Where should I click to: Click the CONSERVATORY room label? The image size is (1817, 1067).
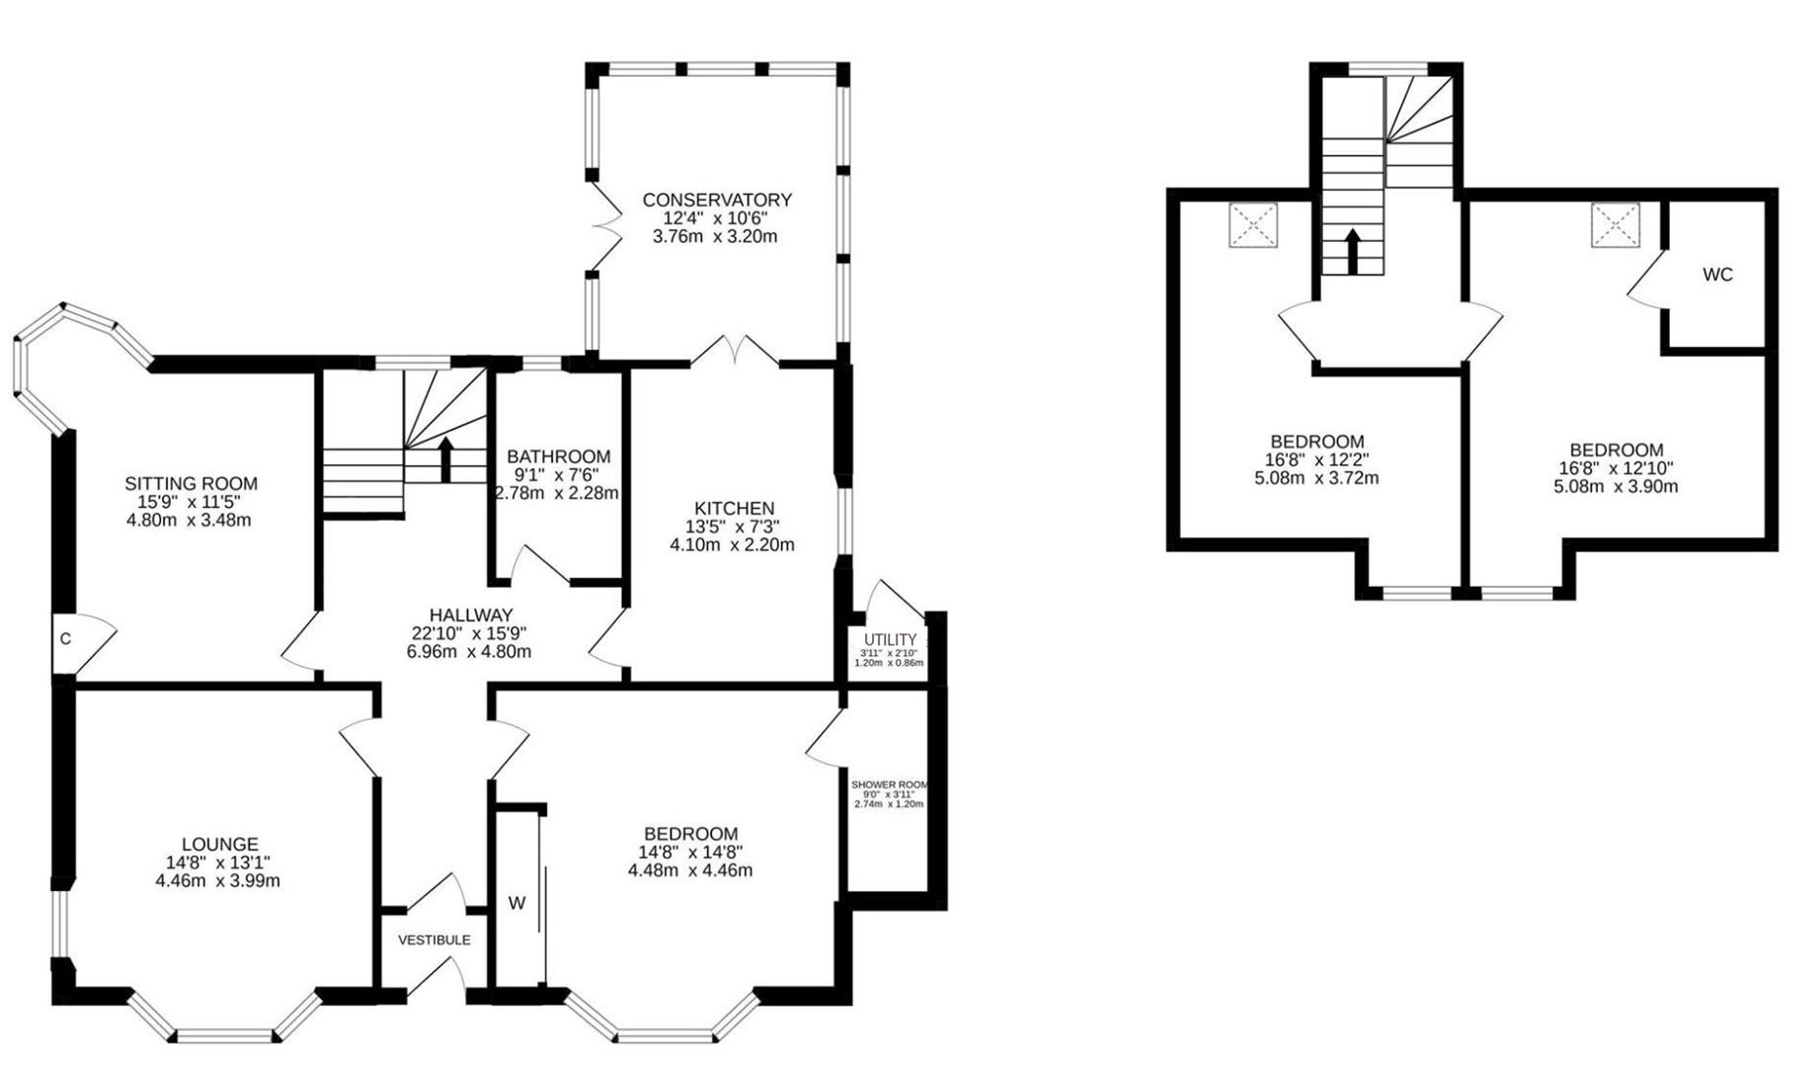click(717, 200)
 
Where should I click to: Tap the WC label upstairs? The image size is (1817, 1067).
click(1717, 275)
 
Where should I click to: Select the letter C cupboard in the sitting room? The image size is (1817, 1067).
click(65, 639)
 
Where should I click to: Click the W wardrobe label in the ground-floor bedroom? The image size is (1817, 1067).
click(516, 903)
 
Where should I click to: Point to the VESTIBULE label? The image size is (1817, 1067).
click(434, 940)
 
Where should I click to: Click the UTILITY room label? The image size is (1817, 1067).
click(890, 640)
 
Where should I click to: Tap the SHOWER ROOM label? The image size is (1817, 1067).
click(889, 784)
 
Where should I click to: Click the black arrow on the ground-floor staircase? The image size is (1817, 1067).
click(445, 459)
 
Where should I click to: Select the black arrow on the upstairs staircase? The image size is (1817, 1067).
click(1353, 252)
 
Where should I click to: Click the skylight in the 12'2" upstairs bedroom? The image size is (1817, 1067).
click(1252, 225)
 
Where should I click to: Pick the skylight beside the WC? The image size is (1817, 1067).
click(1615, 225)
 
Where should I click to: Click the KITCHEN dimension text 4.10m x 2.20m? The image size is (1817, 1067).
click(732, 544)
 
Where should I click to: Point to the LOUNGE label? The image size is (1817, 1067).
click(219, 844)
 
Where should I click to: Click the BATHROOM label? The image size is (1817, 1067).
click(558, 456)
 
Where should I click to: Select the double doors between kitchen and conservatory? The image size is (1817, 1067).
click(736, 351)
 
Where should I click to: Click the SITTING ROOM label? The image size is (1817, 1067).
click(191, 483)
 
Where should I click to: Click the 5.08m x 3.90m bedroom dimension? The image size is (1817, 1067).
click(1616, 486)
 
